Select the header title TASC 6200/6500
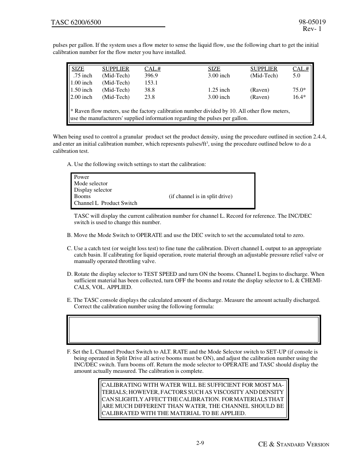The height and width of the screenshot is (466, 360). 76,22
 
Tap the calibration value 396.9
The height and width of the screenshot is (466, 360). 151,75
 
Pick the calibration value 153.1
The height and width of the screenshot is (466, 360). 151,83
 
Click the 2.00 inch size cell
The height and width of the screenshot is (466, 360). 81,97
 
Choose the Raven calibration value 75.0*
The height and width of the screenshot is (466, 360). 299,90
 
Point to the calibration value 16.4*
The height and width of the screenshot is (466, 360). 299,97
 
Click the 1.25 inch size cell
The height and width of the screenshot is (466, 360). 219,90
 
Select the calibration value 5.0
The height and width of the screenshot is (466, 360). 297,75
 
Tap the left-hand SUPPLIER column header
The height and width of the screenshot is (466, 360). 115,69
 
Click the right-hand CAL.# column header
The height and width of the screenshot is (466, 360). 301,69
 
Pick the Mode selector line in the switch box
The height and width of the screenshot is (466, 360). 91,183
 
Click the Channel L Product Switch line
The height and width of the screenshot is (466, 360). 106,203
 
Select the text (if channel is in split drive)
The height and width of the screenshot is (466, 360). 200,196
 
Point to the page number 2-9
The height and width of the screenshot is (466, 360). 200,443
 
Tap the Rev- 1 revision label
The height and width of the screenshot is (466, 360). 312,29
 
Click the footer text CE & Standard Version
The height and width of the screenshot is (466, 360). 294,444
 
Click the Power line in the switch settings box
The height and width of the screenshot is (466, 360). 82,177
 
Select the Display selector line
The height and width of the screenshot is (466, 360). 93,190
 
